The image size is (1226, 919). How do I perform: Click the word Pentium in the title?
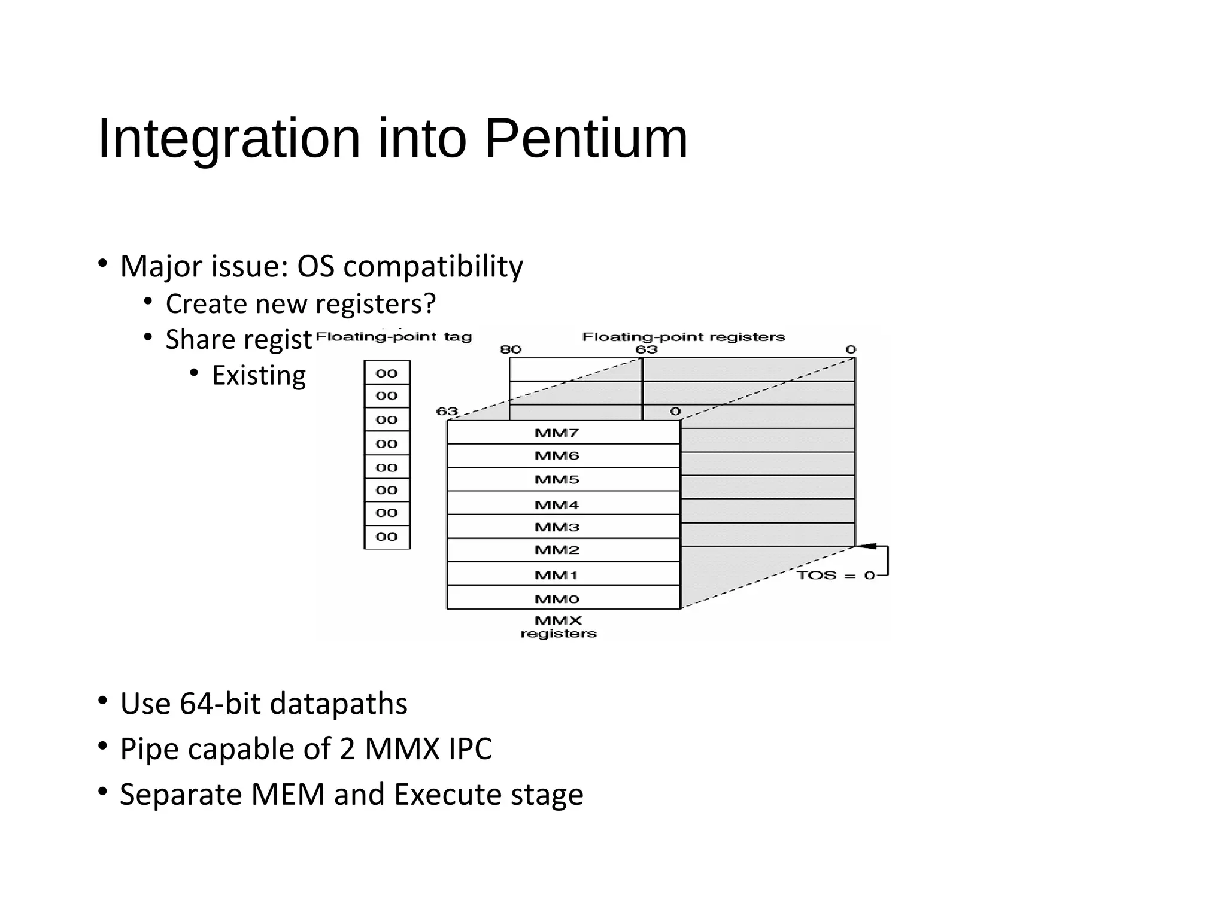(585, 139)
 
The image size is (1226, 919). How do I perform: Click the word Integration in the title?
(229, 139)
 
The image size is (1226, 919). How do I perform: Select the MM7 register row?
(557, 433)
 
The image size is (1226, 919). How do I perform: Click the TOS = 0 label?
(836, 576)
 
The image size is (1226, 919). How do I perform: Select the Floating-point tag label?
(393, 337)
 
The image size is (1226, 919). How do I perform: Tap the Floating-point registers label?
(683, 337)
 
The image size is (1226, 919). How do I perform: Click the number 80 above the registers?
(511, 349)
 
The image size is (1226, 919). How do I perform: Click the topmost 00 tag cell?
(387, 373)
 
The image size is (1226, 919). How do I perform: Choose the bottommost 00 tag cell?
(387, 537)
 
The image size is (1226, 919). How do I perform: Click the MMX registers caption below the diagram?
(558, 627)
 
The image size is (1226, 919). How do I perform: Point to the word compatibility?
(433, 266)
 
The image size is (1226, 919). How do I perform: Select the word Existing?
(259, 376)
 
